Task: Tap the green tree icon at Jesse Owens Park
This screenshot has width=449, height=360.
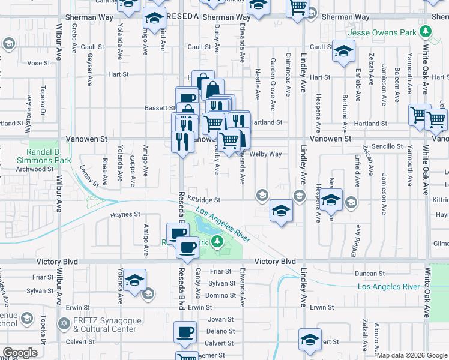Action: pos(426,31)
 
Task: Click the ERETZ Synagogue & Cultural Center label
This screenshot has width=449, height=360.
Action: pos(105,325)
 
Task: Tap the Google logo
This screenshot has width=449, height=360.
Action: pos(20,352)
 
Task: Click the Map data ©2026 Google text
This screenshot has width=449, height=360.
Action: pos(412,355)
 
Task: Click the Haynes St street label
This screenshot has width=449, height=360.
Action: pos(124,214)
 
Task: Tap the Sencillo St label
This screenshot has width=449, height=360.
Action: pos(387,146)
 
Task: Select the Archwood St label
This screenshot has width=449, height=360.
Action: pos(35,169)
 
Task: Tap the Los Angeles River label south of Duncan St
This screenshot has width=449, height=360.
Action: pos(388,287)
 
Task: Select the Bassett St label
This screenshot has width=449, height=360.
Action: pos(159,108)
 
